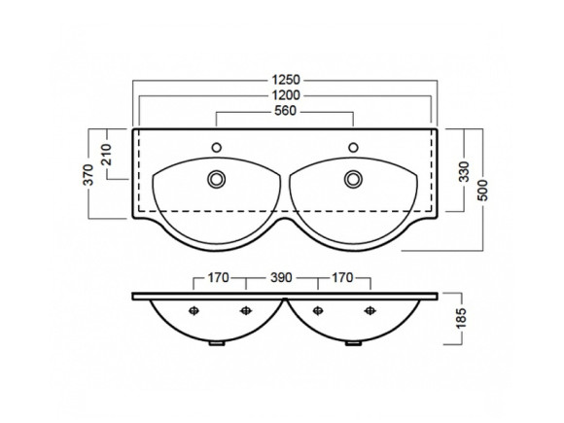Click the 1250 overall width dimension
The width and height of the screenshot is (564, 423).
tap(286, 80)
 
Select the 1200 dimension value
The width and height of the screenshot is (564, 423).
tap(286, 95)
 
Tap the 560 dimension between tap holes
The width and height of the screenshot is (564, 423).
tap(285, 111)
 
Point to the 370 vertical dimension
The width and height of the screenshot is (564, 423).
tap(88, 175)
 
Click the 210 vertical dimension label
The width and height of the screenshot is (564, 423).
tap(106, 155)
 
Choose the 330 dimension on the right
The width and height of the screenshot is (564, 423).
tap(465, 172)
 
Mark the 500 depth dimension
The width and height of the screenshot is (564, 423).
tap(483, 190)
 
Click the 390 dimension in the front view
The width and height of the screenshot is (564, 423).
tap(281, 278)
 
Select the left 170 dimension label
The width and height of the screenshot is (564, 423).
tap(219, 278)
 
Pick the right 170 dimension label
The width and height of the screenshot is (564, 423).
tap(342, 278)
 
